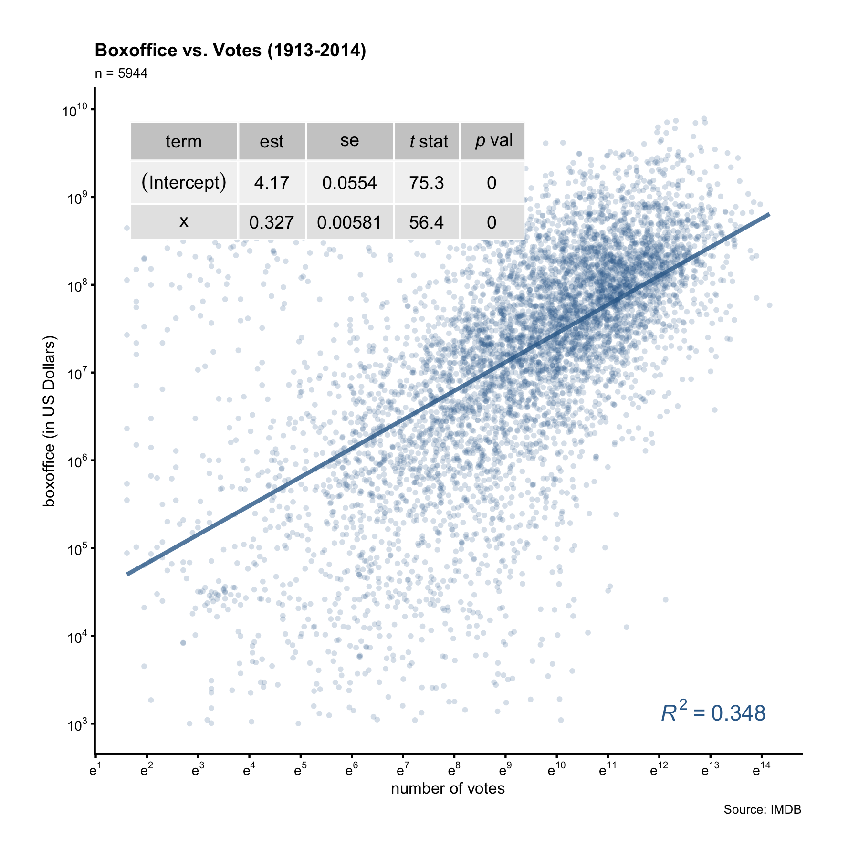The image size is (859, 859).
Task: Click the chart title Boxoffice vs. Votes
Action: pyautogui.click(x=230, y=50)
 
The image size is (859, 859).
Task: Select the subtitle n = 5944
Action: pyautogui.click(x=121, y=73)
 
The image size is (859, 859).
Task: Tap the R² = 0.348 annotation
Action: pyautogui.click(x=713, y=713)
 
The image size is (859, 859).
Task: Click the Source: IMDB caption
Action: pyautogui.click(x=762, y=809)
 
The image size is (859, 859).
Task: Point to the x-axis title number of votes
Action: pyautogui.click(x=448, y=788)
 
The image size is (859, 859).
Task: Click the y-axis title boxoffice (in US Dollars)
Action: pyautogui.click(x=50, y=421)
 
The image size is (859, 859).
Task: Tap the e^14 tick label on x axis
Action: pyautogui.click(x=761, y=770)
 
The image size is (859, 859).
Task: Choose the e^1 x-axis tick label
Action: pyautogui.click(x=95, y=770)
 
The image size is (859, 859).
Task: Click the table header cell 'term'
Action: pyautogui.click(x=184, y=142)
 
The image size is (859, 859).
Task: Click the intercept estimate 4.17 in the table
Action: pyautogui.click(x=272, y=183)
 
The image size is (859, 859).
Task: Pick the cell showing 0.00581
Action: pyautogui.click(x=349, y=222)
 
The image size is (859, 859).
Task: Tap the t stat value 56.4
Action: pyautogui.click(x=426, y=222)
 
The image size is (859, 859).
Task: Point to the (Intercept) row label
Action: pyautogui.click(x=184, y=182)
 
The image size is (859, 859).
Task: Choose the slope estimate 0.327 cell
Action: pyautogui.click(x=272, y=222)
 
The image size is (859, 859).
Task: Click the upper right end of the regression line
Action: pyautogui.click(x=768, y=214)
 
